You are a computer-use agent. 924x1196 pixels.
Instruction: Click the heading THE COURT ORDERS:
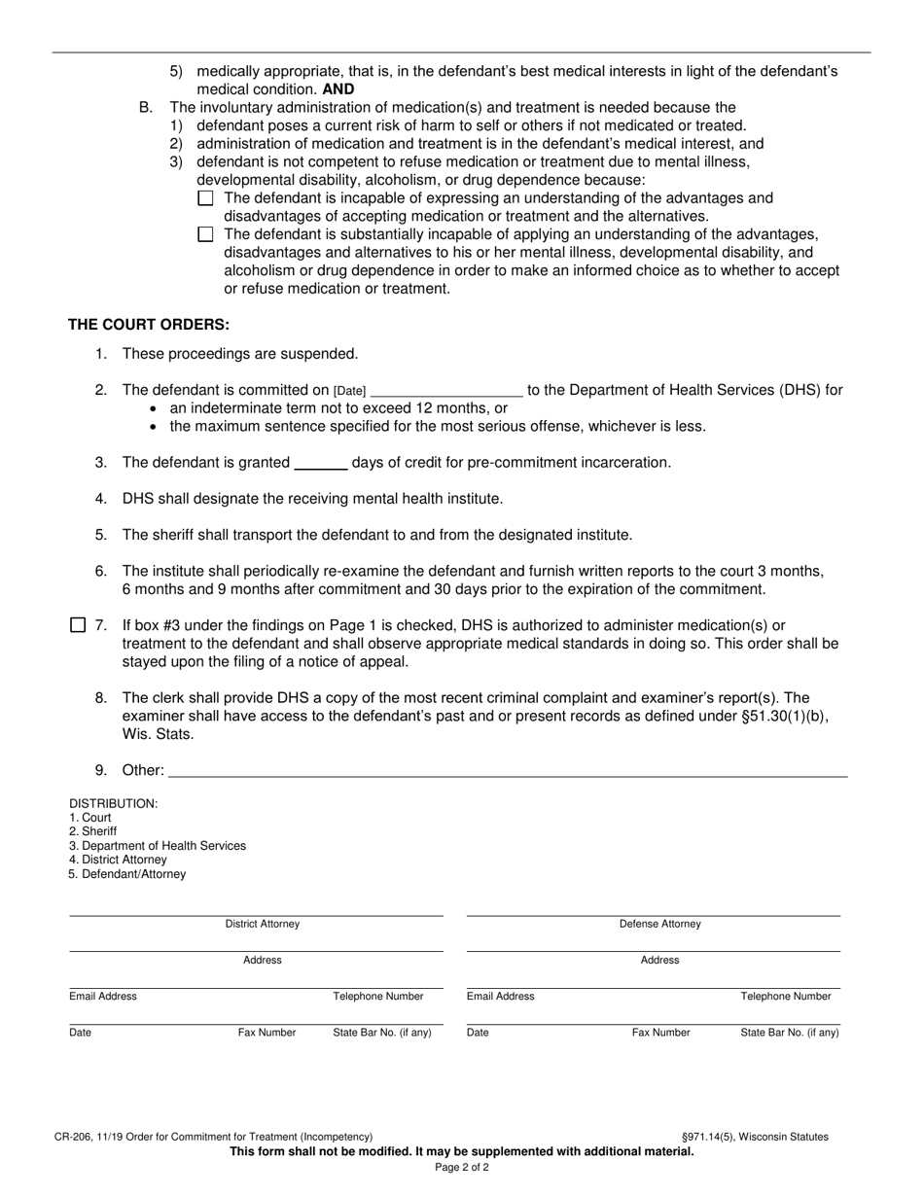click(149, 325)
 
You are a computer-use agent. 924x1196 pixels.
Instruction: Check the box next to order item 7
click(78, 625)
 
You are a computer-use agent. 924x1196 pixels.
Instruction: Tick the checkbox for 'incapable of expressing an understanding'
click(205, 198)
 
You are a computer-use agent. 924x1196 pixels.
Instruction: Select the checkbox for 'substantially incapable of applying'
click(205, 234)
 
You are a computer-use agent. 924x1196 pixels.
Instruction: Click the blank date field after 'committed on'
click(446, 391)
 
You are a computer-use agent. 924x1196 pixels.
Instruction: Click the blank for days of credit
click(320, 463)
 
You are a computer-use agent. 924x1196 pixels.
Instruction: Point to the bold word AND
click(338, 89)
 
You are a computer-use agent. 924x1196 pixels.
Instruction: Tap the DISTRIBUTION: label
click(113, 803)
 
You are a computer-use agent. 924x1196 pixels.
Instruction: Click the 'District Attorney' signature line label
click(263, 924)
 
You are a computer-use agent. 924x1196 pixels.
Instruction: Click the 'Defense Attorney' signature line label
click(659, 924)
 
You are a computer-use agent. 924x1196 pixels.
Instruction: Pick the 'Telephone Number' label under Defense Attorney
click(786, 997)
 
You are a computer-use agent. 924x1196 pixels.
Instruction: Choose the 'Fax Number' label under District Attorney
click(267, 1033)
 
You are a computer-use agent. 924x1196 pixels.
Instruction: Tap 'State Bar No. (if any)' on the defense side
click(790, 1033)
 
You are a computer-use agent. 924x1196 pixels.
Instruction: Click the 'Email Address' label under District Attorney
click(103, 997)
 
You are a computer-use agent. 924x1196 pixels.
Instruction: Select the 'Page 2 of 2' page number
click(462, 1168)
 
